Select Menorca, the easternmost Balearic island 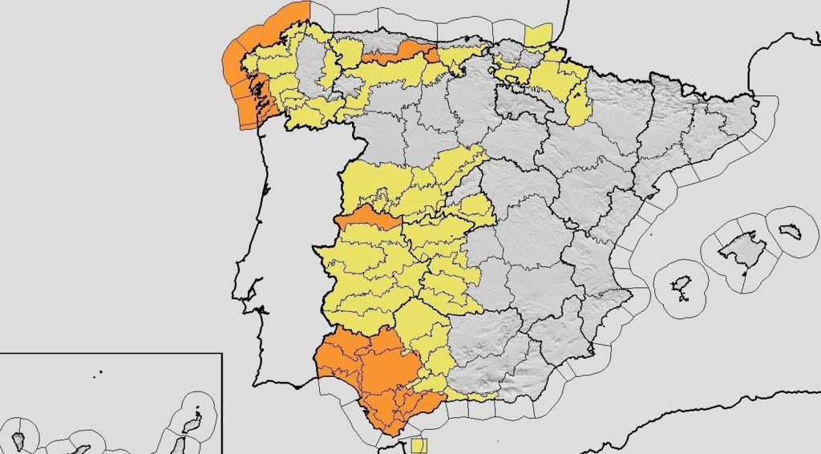click(791, 231)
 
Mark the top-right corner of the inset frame click(220, 353)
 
